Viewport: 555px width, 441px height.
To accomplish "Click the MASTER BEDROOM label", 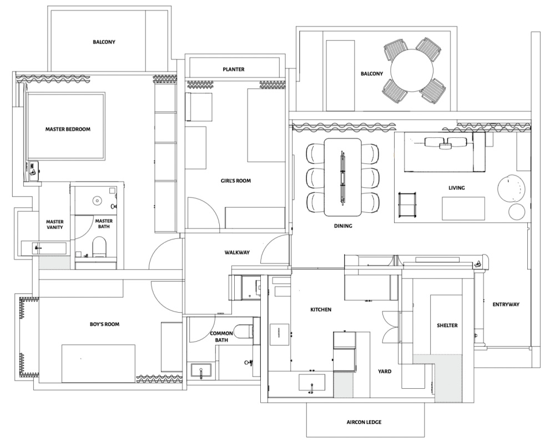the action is click(68, 129).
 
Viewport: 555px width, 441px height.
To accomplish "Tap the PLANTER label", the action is click(234, 69).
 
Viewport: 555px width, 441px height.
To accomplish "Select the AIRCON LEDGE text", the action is click(364, 422).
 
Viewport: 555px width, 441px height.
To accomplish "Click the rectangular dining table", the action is click(343, 177).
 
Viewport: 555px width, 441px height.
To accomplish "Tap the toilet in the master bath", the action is click(99, 247).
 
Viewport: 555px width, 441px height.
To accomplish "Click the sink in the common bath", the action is click(201, 371).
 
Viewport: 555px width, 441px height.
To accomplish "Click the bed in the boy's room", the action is click(98, 363).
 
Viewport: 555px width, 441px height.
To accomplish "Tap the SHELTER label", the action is click(447, 325).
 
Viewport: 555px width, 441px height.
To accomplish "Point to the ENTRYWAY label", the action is click(506, 304).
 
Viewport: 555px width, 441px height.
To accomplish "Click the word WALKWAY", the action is click(237, 253).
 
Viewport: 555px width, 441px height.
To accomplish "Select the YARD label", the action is click(385, 371).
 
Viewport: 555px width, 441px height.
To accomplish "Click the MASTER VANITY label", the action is click(55, 224).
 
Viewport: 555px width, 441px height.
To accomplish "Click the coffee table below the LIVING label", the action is click(463, 209).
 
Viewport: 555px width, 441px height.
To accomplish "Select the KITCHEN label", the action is click(321, 309).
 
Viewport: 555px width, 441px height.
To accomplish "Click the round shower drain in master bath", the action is click(97, 201).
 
